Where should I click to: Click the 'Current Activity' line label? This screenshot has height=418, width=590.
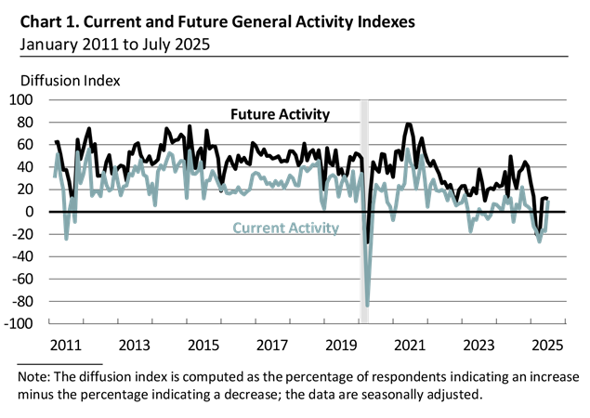284,228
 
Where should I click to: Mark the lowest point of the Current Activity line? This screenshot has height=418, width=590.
368,306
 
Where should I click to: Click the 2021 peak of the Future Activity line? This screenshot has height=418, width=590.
409,124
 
